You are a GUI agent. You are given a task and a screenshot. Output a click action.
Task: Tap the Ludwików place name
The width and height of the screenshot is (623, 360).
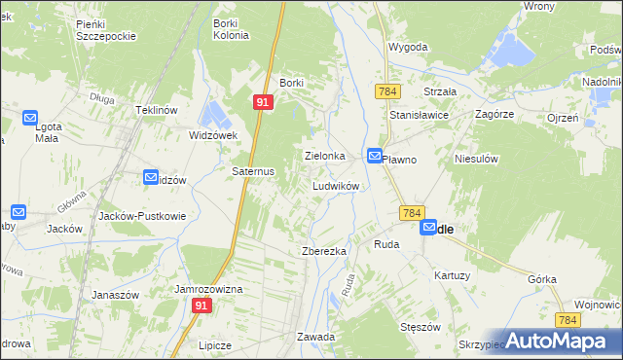tap(337, 185)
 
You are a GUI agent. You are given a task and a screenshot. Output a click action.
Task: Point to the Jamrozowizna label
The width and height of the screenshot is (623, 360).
tap(208, 290)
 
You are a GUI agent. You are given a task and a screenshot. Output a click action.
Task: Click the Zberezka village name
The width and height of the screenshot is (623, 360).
tap(324, 251)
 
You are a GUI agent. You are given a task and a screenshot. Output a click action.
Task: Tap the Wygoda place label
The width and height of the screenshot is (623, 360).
tap(408, 47)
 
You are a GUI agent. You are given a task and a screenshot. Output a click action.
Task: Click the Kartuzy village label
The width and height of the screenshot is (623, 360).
tap(453, 275)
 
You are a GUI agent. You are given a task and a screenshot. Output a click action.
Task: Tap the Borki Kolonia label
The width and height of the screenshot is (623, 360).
tap(233, 27)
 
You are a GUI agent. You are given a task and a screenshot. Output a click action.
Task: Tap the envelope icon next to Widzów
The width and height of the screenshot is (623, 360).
tap(151, 177)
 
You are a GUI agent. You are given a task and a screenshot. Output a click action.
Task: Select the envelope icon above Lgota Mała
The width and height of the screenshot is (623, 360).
tap(29, 120)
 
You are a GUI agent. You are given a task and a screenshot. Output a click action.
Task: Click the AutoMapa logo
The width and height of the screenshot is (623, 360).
tap(563, 340)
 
